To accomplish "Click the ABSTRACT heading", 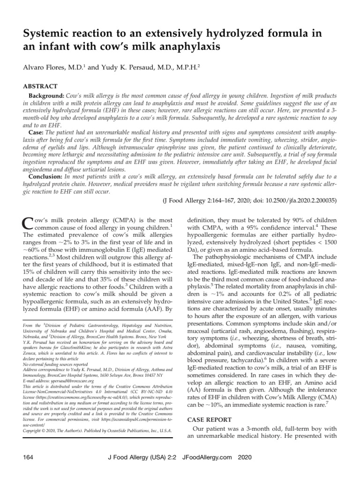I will tap(40, 86).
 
